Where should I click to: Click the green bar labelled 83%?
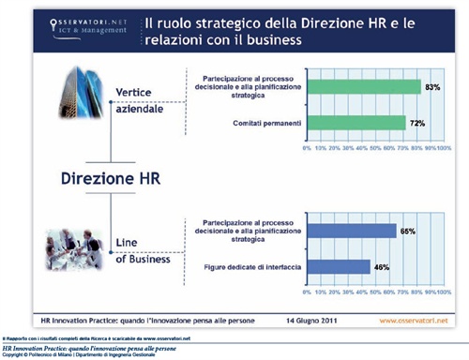click(x=361, y=87)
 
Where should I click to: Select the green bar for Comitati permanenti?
click(x=355, y=122)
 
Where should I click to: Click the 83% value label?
click(x=432, y=87)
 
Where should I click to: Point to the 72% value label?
click(x=417, y=122)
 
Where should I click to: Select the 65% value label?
click(x=407, y=230)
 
